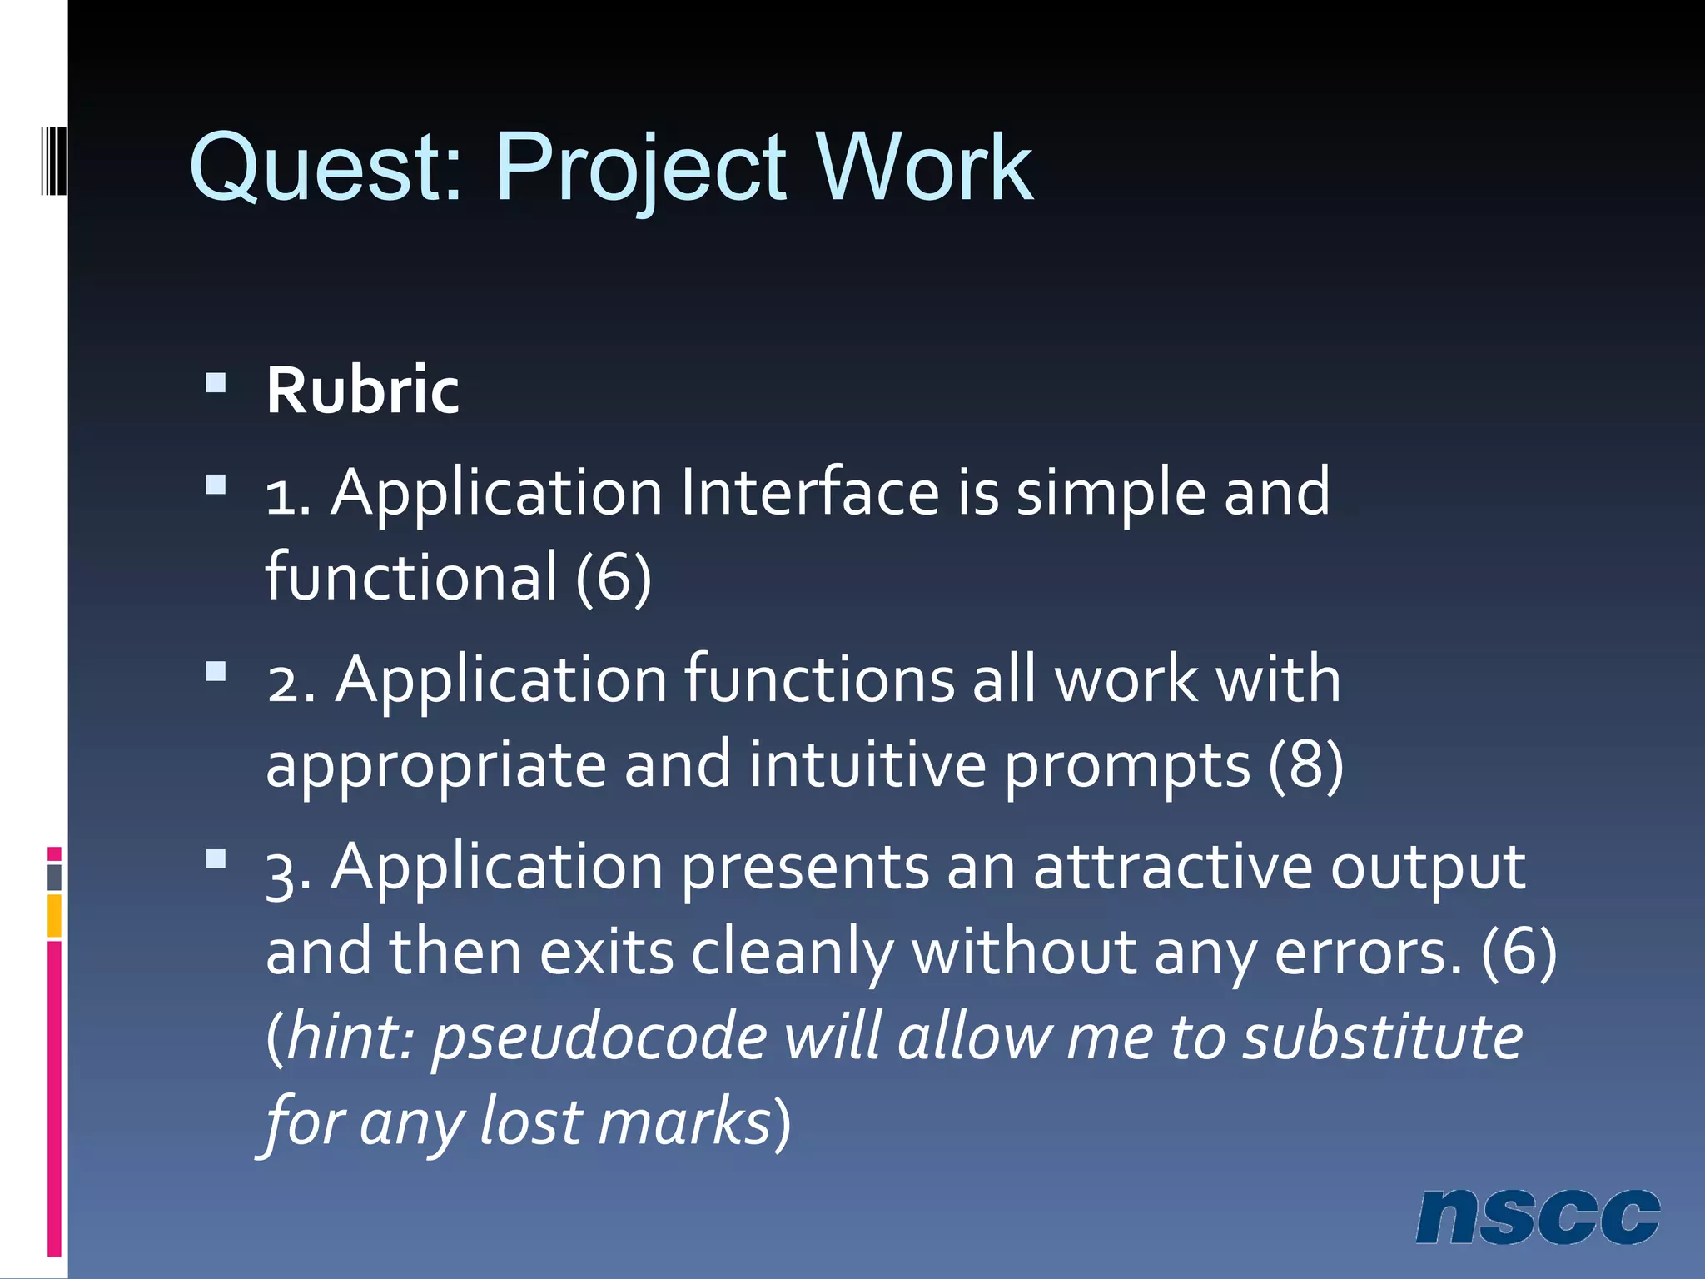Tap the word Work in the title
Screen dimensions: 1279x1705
[x=924, y=169]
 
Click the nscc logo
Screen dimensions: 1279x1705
[x=1537, y=1217]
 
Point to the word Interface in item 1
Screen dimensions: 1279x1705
[x=810, y=493]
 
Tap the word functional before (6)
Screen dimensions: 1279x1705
[x=411, y=576]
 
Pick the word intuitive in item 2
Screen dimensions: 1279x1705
[x=867, y=764]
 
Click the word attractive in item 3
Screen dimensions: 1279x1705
[x=1172, y=868]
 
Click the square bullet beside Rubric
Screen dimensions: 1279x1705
[x=216, y=383]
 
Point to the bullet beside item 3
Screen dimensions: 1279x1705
[x=216, y=858]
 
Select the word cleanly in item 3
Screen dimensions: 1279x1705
[x=792, y=953]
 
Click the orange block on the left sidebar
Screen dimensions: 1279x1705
[x=54, y=915]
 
